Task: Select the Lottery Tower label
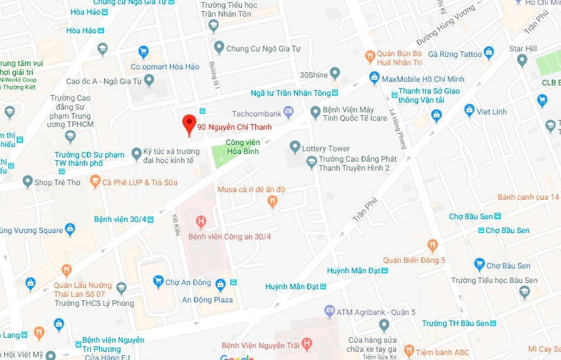(325, 148)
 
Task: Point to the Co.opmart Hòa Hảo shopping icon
(144, 51)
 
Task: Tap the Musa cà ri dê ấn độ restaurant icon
(273, 201)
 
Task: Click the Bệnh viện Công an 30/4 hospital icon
(201, 222)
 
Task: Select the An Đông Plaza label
(207, 300)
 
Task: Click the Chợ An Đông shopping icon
(157, 282)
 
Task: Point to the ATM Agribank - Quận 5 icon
(329, 310)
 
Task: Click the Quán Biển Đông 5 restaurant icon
(433, 245)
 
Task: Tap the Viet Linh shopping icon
(469, 110)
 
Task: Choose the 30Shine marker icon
(335, 73)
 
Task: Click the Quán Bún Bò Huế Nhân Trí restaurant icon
(370, 55)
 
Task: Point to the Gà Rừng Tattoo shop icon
(488, 52)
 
